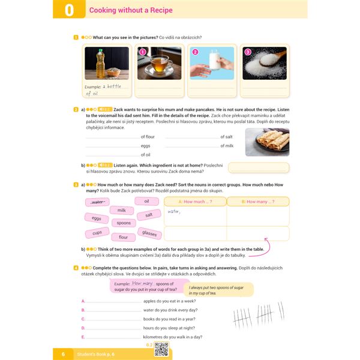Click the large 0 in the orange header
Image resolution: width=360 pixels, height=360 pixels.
point(69,11)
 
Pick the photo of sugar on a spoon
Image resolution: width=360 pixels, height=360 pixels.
point(264,64)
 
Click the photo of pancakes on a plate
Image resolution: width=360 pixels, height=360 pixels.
point(267,142)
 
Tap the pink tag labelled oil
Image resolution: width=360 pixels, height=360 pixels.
point(146,201)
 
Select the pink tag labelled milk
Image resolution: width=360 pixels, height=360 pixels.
point(121,211)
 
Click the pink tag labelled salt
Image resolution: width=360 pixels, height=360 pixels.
point(149,215)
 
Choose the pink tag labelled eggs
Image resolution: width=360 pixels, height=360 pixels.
point(97,218)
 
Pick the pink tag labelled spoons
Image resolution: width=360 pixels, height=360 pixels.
point(124,223)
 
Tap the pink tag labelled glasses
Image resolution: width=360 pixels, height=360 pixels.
point(149,233)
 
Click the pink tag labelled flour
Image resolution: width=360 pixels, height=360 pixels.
point(123,237)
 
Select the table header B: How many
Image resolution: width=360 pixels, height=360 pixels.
point(257,202)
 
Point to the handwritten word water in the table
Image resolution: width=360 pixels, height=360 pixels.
point(175,212)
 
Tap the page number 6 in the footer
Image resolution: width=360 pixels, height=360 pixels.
point(63,355)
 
